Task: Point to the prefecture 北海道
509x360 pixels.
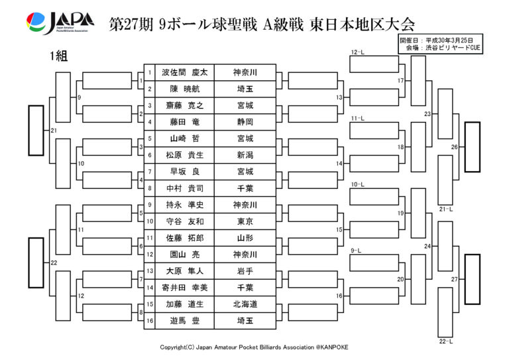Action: pyautogui.click(x=245, y=304)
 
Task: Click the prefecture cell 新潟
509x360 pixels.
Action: pyautogui.click(x=245, y=155)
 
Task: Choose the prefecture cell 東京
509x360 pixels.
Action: pyautogui.click(x=245, y=221)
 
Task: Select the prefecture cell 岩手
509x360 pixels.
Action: pyautogui.click(x=245, y=271)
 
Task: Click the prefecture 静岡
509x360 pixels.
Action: pyautogui.click(x=245, y=122)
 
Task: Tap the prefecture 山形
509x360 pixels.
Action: pyautogui.click(x=245, y=238)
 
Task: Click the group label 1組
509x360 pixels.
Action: pyautogui.click(x=58, y=56)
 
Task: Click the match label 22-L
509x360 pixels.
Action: pyautogui.click(x=445, y=341)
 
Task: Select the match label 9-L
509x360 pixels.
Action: pyautogui.click(x=356, y=251)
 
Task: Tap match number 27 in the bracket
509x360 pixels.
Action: pyautogui.click(x=454, y=279)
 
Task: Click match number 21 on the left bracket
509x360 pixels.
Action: pyautogui.click(x=54, y=130)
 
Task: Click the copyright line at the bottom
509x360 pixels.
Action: pyautogui.click(x=254, y=347)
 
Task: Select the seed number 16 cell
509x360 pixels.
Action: pyautogui.click(x=150, y=321)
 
